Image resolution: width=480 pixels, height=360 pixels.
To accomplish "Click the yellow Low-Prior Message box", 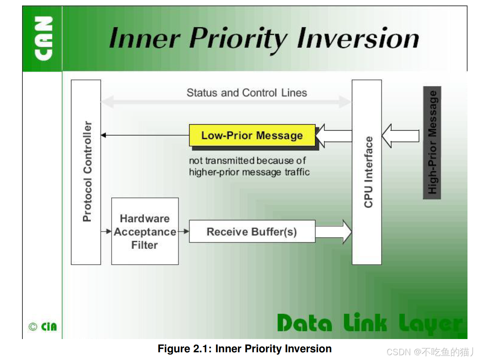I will [x=252, y=136].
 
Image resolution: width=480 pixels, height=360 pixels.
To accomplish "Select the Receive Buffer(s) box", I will [x=252, y=232].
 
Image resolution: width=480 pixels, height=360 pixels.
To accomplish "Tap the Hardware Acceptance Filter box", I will [x=145, y=232].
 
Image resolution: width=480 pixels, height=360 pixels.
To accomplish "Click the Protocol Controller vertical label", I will [x=87, y=171].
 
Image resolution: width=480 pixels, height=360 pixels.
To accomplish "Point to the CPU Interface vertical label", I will [x=368, y=172].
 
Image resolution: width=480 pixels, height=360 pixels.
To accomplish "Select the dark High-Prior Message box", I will [x=432, y=143].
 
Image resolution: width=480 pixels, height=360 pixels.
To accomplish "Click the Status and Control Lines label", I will [x=247, y=93].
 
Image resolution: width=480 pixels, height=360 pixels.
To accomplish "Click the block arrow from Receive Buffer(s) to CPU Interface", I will [x=333, y=232].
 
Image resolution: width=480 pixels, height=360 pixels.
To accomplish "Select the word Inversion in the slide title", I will [x=358, y=38].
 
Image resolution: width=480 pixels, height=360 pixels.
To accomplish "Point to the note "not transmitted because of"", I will [x=247, y=161].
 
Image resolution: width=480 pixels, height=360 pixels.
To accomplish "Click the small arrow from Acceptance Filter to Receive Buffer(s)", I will [x=184, y=232].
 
